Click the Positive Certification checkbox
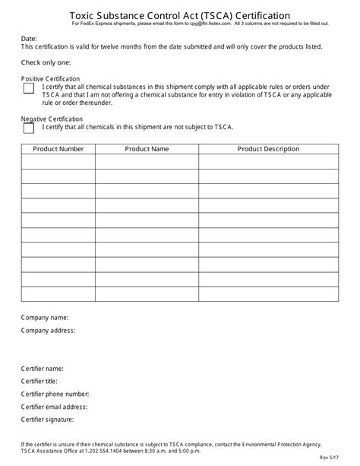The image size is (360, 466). point(29,88)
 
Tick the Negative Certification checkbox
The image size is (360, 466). point(29,128)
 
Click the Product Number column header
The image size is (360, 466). point(58,149)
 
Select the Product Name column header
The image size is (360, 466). point(147,149)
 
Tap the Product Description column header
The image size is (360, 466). point(268,149)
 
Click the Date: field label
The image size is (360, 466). point(29,38)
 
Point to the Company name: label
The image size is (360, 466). point(45,317)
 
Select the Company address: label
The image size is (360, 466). point(48,331)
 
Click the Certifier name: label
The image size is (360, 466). point(42,369)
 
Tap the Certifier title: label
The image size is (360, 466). point(40,381)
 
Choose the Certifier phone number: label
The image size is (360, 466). point(55,394)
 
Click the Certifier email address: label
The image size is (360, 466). point(54,407)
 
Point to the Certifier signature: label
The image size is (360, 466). point(47,419)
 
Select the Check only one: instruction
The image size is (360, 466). point(46,62)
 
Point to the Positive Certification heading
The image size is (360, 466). point(50,78)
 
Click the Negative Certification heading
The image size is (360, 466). point(52,119)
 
